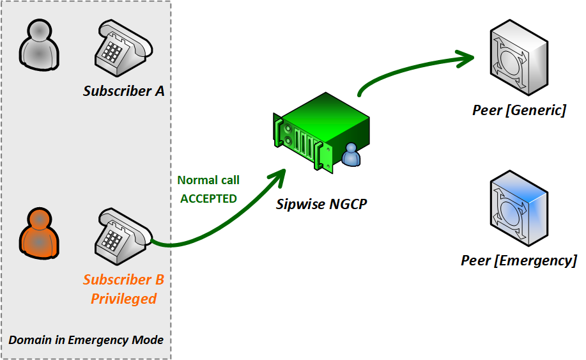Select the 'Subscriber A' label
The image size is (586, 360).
pos(124,91)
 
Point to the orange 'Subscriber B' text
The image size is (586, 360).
pos(124,279)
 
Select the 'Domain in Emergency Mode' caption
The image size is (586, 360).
pos(86,340)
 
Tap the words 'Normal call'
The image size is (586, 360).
pos(208,180)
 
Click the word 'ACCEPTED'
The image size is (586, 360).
pos(208,198)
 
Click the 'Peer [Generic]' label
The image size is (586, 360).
pos(519,110)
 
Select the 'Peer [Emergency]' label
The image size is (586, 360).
pos(519,260)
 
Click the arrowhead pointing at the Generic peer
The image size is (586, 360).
pos(465,58)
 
